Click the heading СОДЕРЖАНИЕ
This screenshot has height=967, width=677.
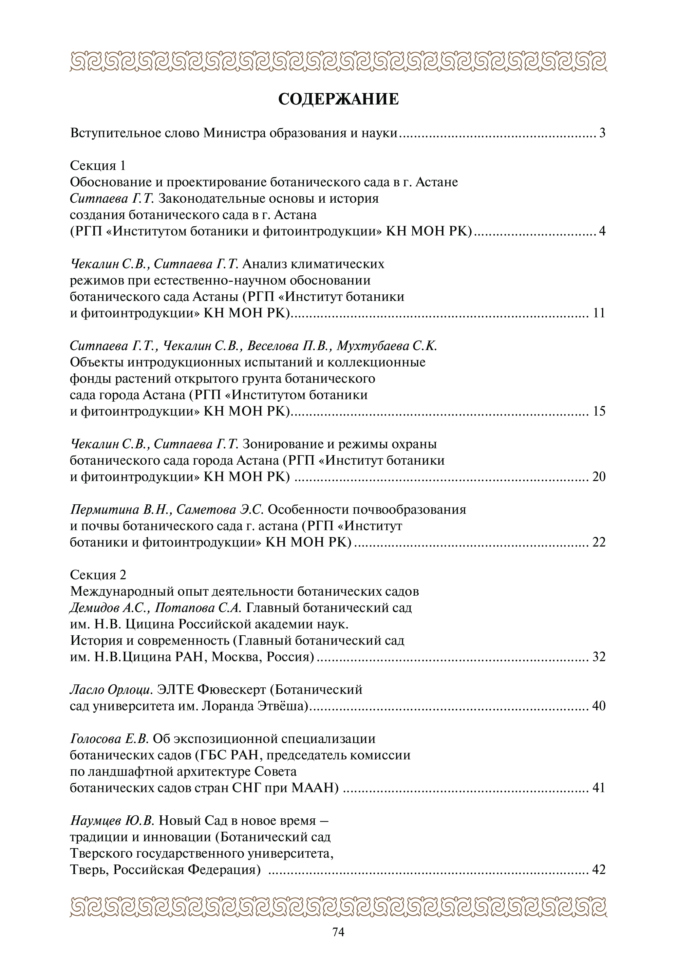(338, 99)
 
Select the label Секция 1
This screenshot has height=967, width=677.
(98, 165)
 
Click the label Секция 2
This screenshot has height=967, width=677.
(98, 575)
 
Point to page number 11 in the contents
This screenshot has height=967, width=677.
(599, 313)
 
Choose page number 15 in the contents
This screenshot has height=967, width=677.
(599, 411)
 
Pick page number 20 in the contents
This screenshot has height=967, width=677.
(599, 476)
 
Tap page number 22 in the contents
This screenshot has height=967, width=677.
(599, 542)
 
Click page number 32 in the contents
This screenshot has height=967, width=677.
(599, 657)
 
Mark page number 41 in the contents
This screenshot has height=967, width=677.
(599, 788)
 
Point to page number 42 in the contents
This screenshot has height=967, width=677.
(599, 869)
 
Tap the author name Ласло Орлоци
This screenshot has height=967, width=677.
(111, 690)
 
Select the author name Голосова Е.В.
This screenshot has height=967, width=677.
(109, 739)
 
